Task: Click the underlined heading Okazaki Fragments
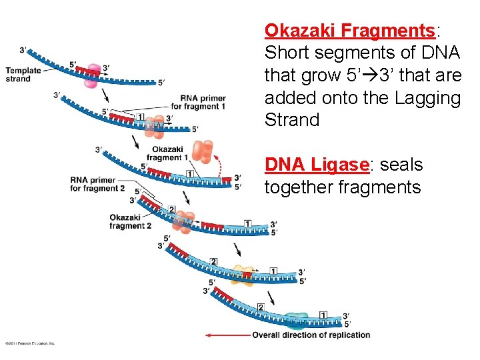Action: pos(349,31)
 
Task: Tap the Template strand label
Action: pos(23,75)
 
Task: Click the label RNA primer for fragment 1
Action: pos(198,103)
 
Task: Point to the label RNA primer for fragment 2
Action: pos(97,184)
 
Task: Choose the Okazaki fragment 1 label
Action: pos(167,153)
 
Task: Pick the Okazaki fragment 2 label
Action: pos(131,221)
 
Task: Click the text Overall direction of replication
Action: pos(311,335)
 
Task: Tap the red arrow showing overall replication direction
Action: pos(227,335)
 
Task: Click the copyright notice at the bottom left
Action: pos(30,343)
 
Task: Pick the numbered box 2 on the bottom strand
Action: pos(261,307)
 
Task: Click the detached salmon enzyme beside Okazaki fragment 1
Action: pos(203,152)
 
